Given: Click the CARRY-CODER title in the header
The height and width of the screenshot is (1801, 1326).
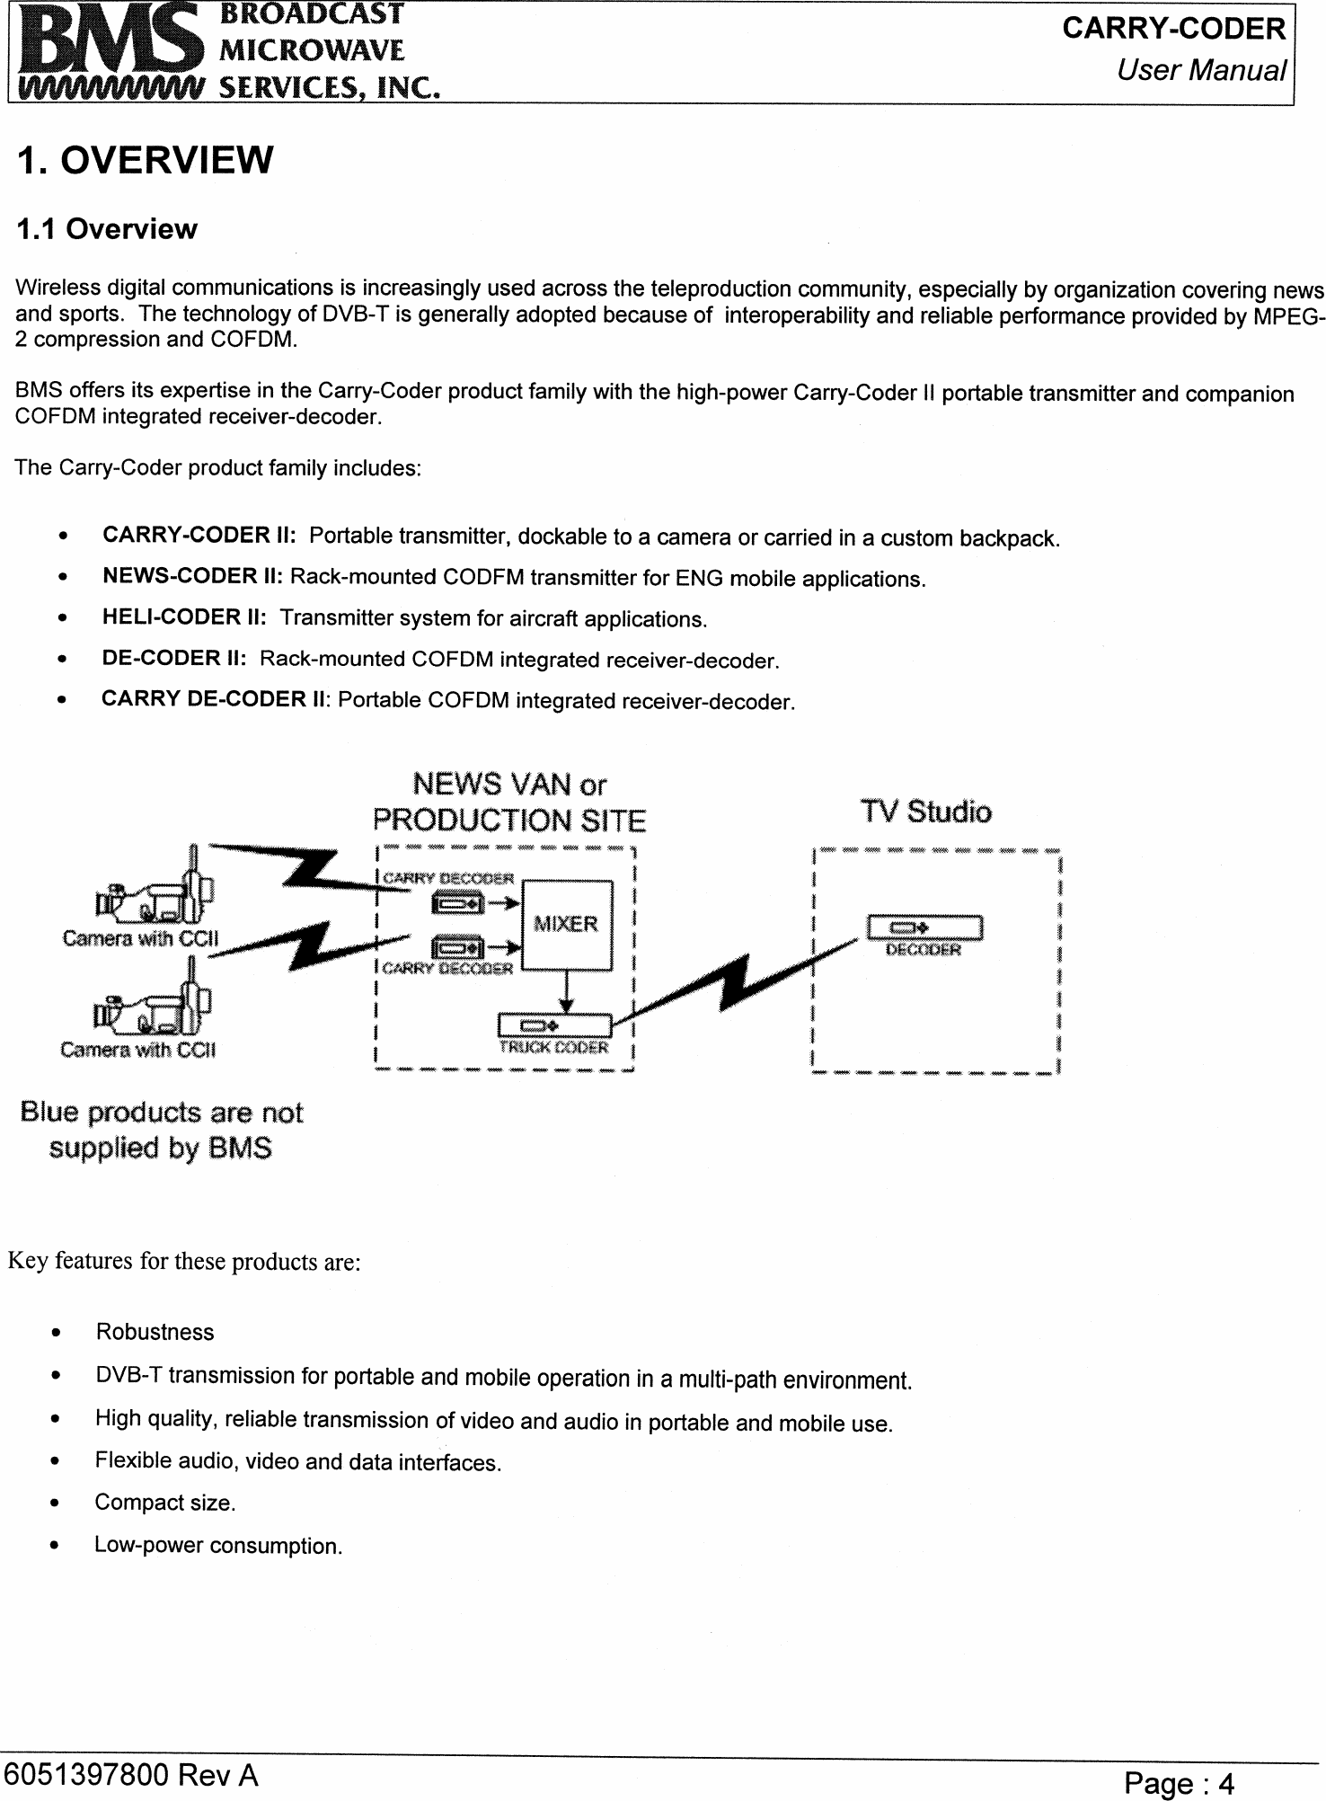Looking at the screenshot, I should pos(1173,29).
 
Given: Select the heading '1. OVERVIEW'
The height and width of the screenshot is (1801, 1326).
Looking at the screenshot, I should pos(145,161).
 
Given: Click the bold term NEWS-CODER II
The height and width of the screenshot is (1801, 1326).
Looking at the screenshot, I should pos(193,576).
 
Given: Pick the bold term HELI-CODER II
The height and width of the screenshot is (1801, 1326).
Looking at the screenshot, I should pos(184,617).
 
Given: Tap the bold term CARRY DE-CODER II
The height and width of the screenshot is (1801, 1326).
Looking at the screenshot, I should pos(215,699).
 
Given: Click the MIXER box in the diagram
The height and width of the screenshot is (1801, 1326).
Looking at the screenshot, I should pos(566,925).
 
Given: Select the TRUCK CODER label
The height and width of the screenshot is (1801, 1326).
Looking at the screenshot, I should pos(553,1048).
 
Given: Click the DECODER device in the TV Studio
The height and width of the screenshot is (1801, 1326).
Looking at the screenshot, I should pos(924,928).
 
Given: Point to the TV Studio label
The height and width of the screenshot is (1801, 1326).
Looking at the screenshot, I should pos(926,812).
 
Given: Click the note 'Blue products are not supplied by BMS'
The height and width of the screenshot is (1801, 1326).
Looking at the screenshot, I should pos(162,1131).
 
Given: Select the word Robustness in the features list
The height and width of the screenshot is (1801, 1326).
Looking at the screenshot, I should pos(155,1332).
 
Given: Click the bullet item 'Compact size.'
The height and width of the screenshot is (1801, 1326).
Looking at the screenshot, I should pos(165,1503).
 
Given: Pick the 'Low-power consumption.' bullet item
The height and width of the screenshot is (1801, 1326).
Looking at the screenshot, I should pos(218,1546).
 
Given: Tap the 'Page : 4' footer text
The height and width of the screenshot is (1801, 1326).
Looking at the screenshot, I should pos(1180,1784).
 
